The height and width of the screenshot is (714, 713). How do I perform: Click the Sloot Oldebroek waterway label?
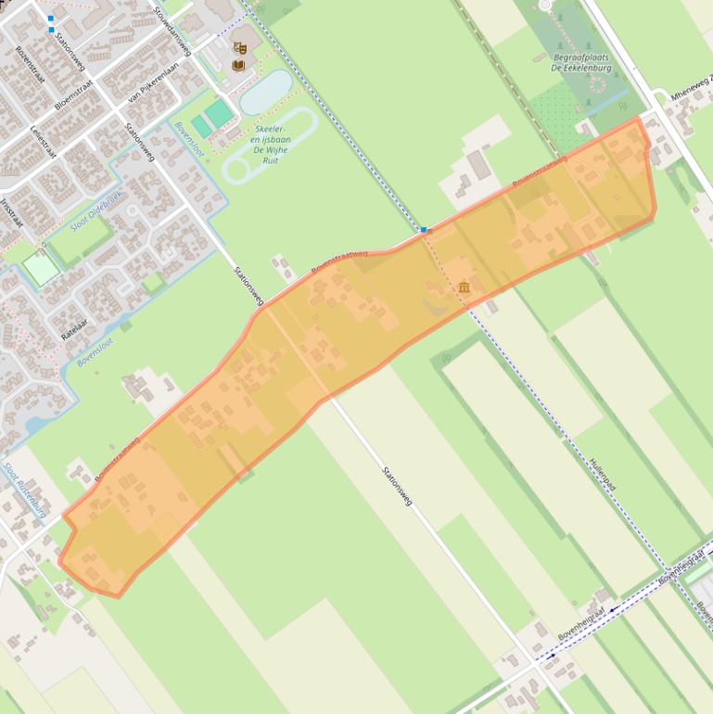pos(95,210)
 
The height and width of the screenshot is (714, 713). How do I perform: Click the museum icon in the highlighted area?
pos(464,288)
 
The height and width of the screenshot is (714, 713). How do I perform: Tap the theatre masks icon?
pos(240,46)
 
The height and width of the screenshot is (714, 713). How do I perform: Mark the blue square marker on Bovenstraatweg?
pos(424,229)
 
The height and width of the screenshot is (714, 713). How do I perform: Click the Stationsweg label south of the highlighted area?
pos(397,486)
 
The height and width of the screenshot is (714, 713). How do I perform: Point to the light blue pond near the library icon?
pos(266,92)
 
